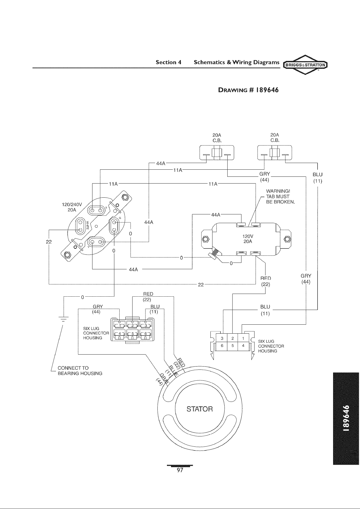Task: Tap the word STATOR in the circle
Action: click(200, 409)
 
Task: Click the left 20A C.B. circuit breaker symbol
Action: click(217, 154)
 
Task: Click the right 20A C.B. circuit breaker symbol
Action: click(274, 154)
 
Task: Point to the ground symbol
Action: click(63, 319)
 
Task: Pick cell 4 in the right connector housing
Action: click(243, 346)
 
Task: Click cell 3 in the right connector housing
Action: click(222, 339)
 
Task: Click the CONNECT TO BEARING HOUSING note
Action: click(80, 371)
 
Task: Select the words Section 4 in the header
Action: click(168, 62)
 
